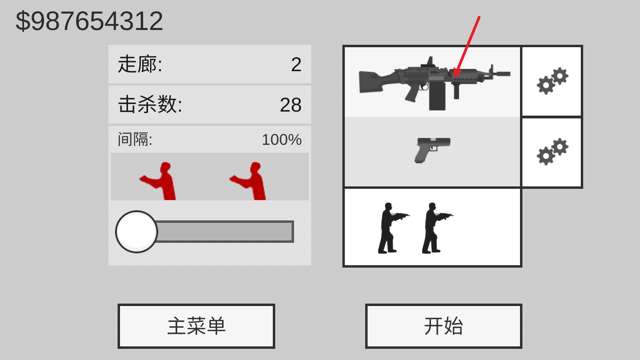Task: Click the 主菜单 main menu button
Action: [x=196, y=326]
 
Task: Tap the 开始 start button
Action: [x=443, y=326]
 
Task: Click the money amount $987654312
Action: [x=89, y=21]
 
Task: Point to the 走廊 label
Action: [x=140, y=64]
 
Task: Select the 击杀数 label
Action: [x=150, y=104]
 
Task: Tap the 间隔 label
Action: [x=135, y=140]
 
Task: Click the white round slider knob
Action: [x=136, y=232]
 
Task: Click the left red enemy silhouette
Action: [x=160, y=181]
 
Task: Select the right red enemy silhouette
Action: [x=250, y=181]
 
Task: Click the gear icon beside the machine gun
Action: [x=552, y=81]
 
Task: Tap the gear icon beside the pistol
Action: [x=552, y=152]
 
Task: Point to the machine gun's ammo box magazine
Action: [x=437, y=96]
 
